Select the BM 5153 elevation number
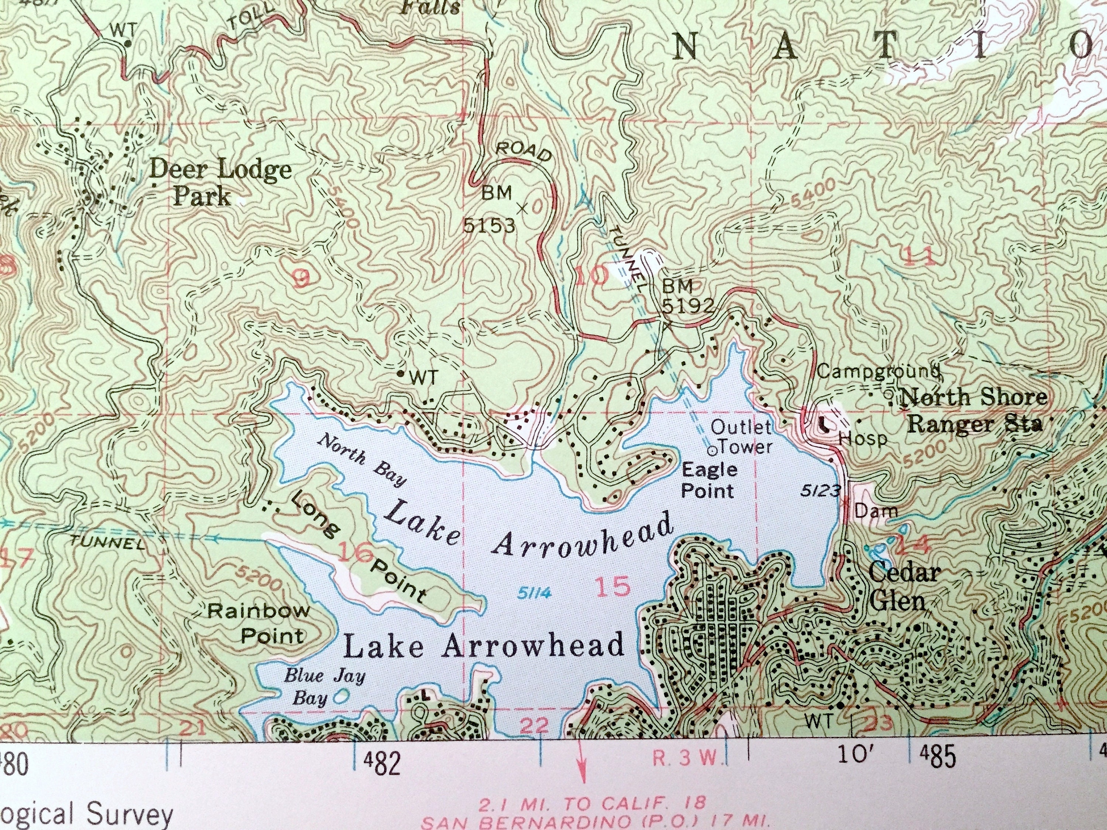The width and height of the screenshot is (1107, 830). click(x=489, y=226)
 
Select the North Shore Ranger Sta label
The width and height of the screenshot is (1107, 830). click(x=973, y=410)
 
